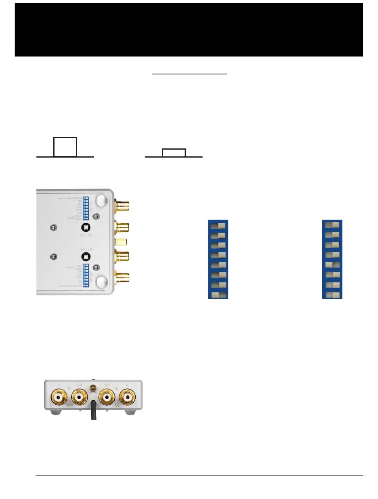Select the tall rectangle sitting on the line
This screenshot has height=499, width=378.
66,147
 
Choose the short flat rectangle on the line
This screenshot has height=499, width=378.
174,153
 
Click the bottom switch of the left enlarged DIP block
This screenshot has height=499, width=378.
218,295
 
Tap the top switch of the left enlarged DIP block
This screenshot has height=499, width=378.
218,226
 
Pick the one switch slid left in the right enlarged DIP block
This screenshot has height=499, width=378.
332,265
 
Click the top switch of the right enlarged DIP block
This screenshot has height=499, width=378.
332,225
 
